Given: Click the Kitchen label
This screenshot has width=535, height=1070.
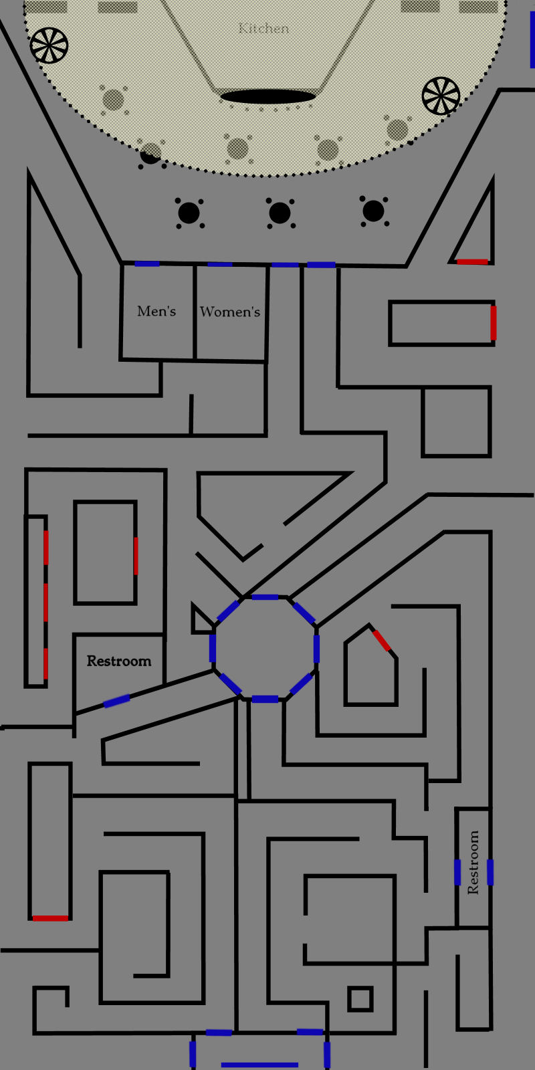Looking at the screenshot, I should click(263, 28).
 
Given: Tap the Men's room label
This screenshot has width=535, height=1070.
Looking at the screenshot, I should click(156, 311).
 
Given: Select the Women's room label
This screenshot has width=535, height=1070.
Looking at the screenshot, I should click(230, 312).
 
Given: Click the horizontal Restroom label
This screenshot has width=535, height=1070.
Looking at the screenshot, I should click(119, 661).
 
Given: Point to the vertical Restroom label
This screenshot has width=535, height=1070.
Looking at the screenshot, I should click(473, 863).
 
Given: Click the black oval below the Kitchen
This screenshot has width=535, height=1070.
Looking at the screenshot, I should click(267, 97).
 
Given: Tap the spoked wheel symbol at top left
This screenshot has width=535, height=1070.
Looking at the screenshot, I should click(49, 45).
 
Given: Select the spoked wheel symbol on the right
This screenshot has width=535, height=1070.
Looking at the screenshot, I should click(441, 95).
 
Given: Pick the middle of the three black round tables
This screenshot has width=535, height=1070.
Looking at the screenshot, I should click(280, 213).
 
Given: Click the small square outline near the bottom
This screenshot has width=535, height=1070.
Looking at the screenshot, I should click(360, 999).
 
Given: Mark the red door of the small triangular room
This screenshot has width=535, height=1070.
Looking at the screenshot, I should click(472, 261).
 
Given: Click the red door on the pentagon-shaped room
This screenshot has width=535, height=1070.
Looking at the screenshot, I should click(382, 640).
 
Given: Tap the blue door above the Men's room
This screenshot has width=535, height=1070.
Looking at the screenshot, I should click(147, 263).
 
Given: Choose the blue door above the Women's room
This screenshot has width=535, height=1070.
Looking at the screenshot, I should click(220, 265).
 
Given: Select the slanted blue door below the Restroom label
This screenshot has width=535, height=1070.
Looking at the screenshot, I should click(116, 701).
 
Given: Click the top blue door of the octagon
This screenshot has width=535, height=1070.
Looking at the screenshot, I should click(265, 597).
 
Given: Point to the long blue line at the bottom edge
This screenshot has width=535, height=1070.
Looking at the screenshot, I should click(259, 1065).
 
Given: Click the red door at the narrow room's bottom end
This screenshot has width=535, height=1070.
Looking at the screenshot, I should click(50, 918).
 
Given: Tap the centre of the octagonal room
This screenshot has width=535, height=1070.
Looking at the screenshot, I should click(265, 647).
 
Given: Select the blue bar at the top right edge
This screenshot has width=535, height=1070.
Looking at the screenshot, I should click(533, 40).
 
